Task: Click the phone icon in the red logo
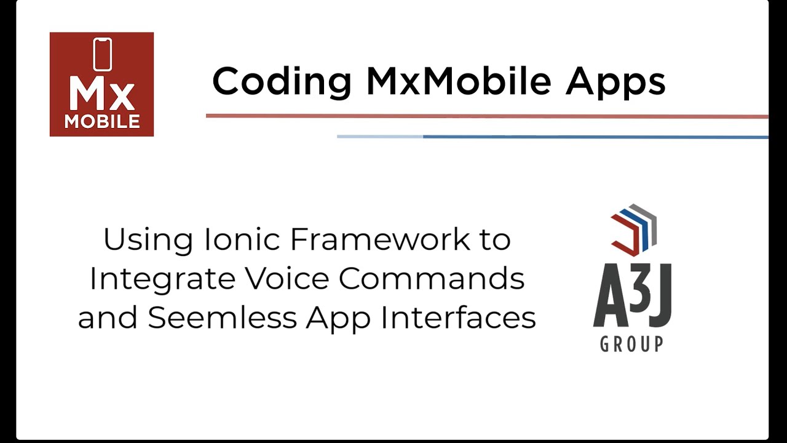102,55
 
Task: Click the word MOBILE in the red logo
102,122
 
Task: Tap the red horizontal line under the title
486,116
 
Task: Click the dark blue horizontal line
590,137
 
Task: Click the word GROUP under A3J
631,343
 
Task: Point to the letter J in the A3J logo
660,298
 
